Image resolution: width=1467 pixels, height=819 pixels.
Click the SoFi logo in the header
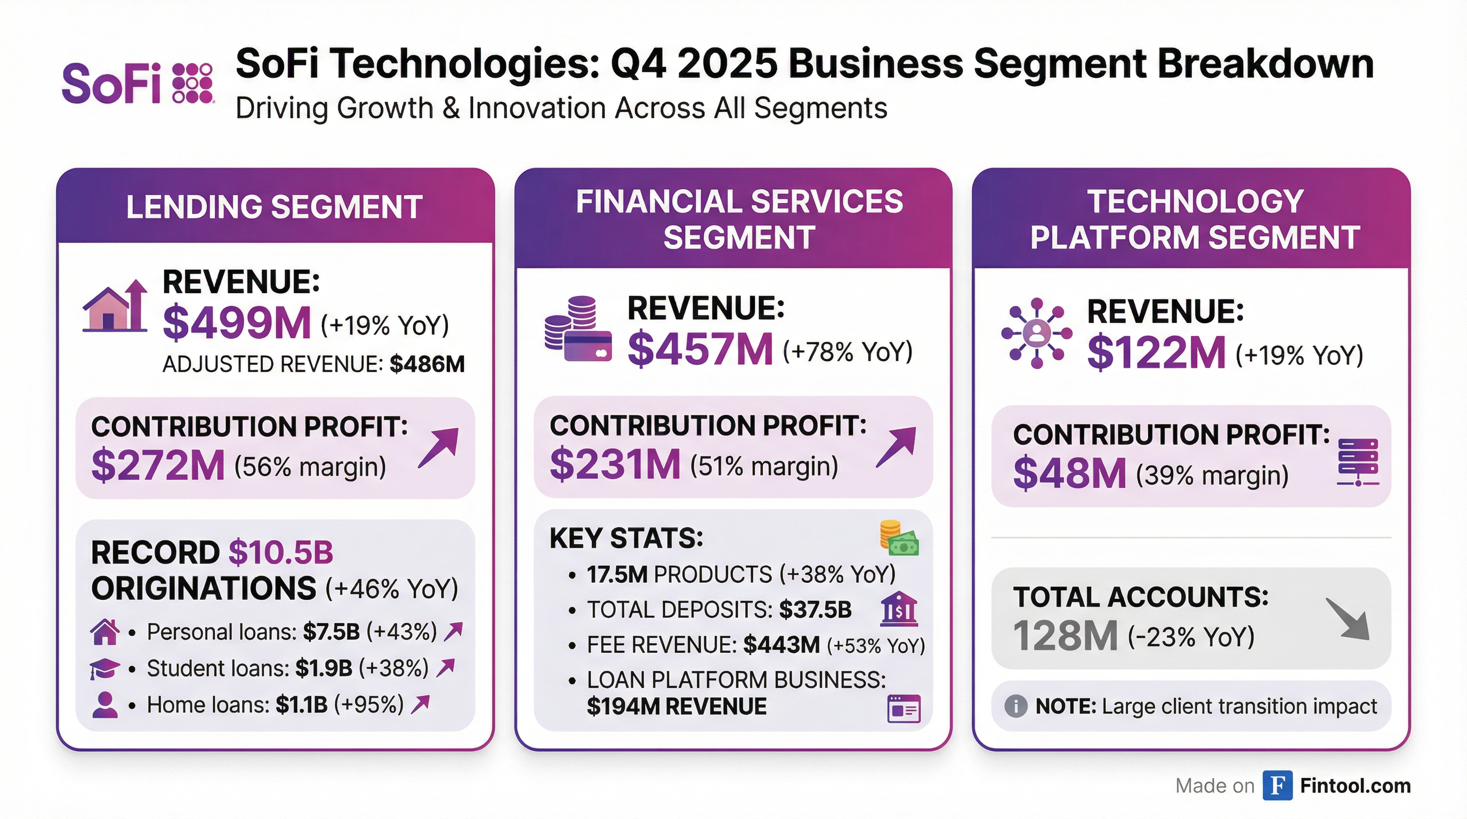point(137,84)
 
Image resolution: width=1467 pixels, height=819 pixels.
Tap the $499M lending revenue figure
point(237,323)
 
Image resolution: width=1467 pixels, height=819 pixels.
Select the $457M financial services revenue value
point(700,349)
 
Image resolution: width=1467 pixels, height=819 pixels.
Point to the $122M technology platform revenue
point(1156,352)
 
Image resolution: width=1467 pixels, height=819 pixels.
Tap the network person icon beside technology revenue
point(1036,333)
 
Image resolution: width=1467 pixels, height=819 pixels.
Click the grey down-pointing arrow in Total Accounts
point(1348,619)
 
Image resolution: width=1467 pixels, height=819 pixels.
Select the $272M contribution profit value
point(158,465)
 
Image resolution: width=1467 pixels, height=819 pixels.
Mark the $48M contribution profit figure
point(1069,473)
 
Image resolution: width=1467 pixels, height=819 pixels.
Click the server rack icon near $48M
point(1358,462)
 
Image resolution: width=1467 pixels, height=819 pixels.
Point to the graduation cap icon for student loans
point(104,668)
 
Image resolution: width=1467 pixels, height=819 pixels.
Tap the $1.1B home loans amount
point(301,705)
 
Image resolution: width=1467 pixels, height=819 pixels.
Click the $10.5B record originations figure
point(281,552)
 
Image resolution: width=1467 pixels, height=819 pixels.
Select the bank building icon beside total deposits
point(899,609)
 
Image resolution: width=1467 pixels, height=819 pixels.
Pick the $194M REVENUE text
point(676,707)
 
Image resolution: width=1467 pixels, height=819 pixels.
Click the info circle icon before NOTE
point(1015,706)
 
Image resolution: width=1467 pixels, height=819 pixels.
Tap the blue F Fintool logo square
point(1277,786)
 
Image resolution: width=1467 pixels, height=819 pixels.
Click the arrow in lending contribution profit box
point(439,448)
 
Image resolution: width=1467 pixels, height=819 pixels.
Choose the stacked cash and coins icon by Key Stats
point(899,538)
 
